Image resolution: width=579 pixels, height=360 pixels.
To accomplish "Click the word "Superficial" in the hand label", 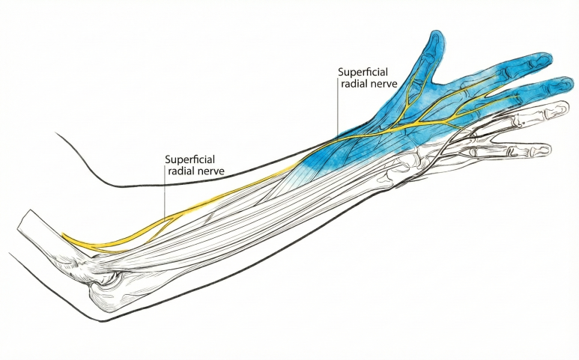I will [363, 72].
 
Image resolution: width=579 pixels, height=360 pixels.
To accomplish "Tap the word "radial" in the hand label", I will [351, 85].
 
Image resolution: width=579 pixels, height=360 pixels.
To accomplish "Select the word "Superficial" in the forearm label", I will [190, 159].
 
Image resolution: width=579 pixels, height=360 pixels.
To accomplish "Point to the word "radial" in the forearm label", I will [180, 171].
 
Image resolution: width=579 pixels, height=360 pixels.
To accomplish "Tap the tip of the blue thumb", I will [435, 36].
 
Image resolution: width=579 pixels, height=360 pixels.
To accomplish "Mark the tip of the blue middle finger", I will [569, 84].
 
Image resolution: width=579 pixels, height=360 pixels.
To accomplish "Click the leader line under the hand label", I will [337, 112].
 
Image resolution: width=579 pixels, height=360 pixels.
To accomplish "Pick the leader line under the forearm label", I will [165, 198].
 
